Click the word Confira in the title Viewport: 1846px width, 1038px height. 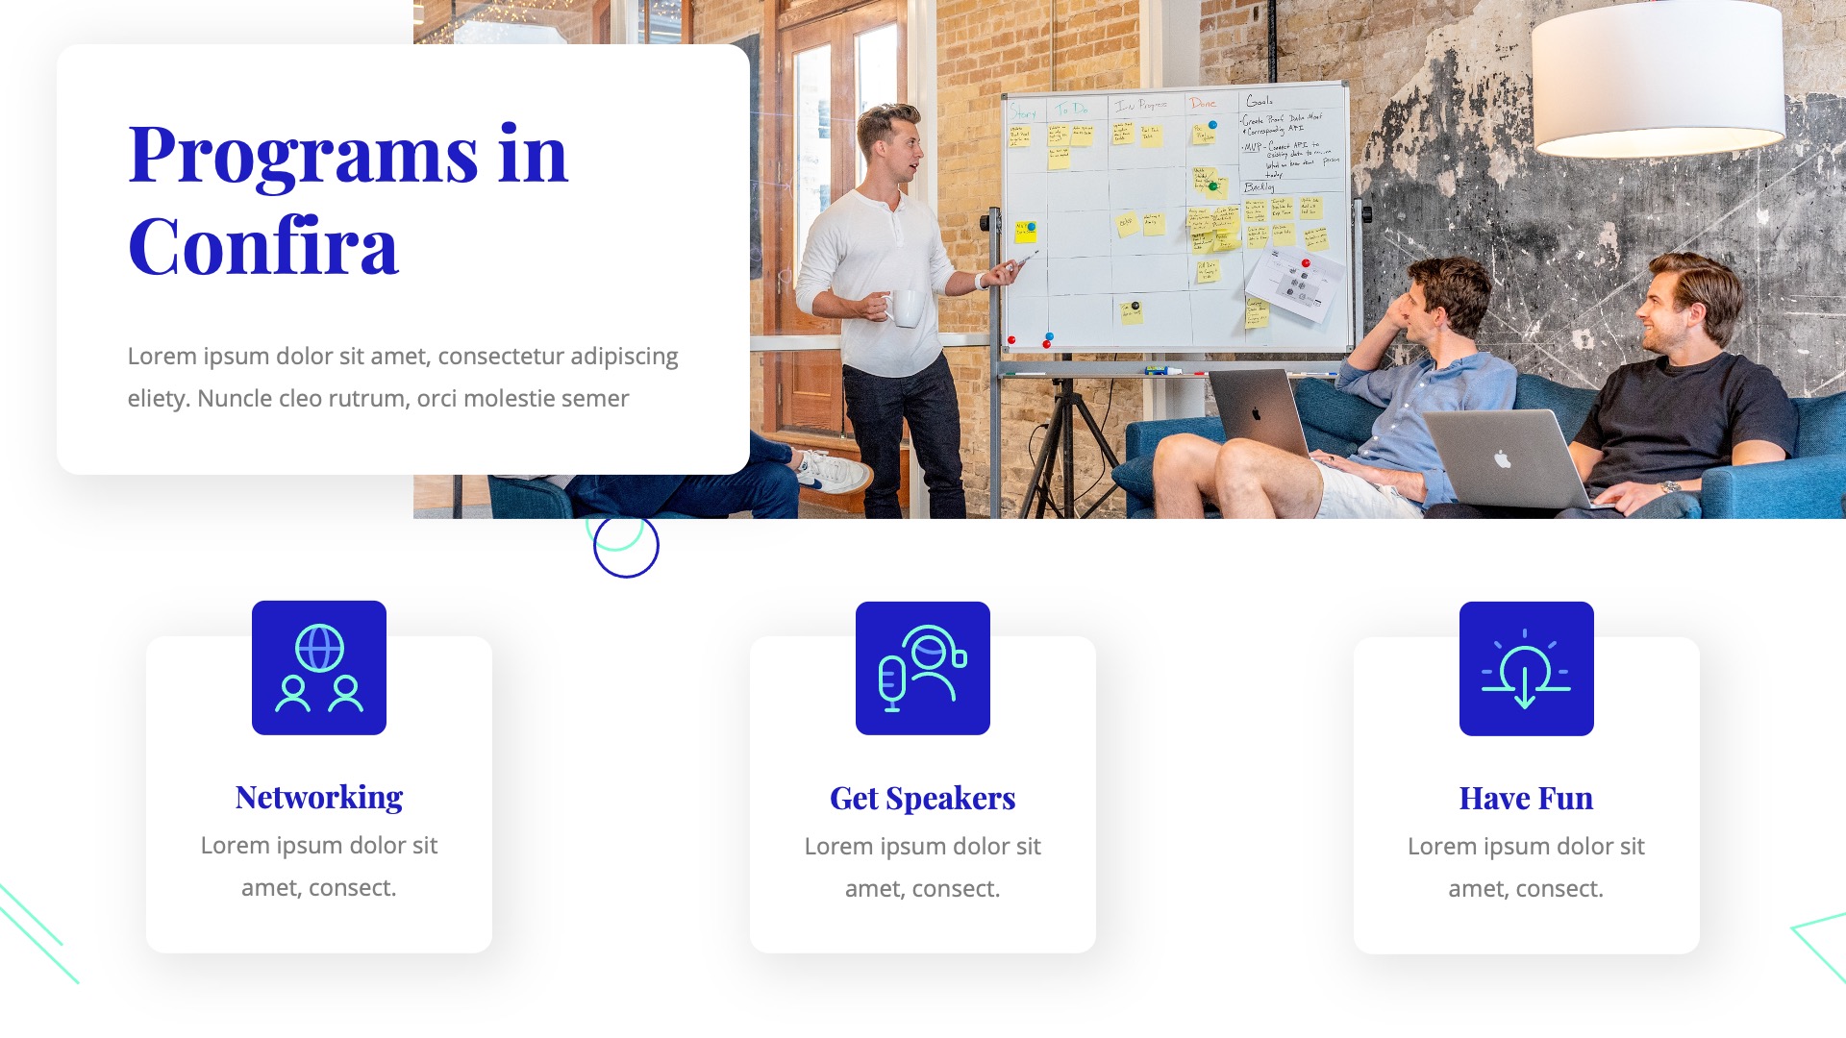262,246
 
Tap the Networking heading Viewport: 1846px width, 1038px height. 319,797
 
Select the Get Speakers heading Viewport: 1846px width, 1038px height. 922,798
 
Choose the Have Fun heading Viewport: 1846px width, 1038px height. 1526,798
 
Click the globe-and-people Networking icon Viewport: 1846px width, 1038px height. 319,668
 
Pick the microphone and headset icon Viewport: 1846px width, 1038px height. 922,668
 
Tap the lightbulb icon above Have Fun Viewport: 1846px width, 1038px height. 1526,668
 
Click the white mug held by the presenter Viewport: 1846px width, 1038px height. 905,308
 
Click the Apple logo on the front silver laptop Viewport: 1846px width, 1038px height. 1502,459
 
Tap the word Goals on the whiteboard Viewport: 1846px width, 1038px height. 1260,101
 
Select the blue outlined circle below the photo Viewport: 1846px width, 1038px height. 626,546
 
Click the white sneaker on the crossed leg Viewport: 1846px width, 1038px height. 835,471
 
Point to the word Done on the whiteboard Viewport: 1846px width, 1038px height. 1202,103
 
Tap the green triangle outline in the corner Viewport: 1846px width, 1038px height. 1822,947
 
